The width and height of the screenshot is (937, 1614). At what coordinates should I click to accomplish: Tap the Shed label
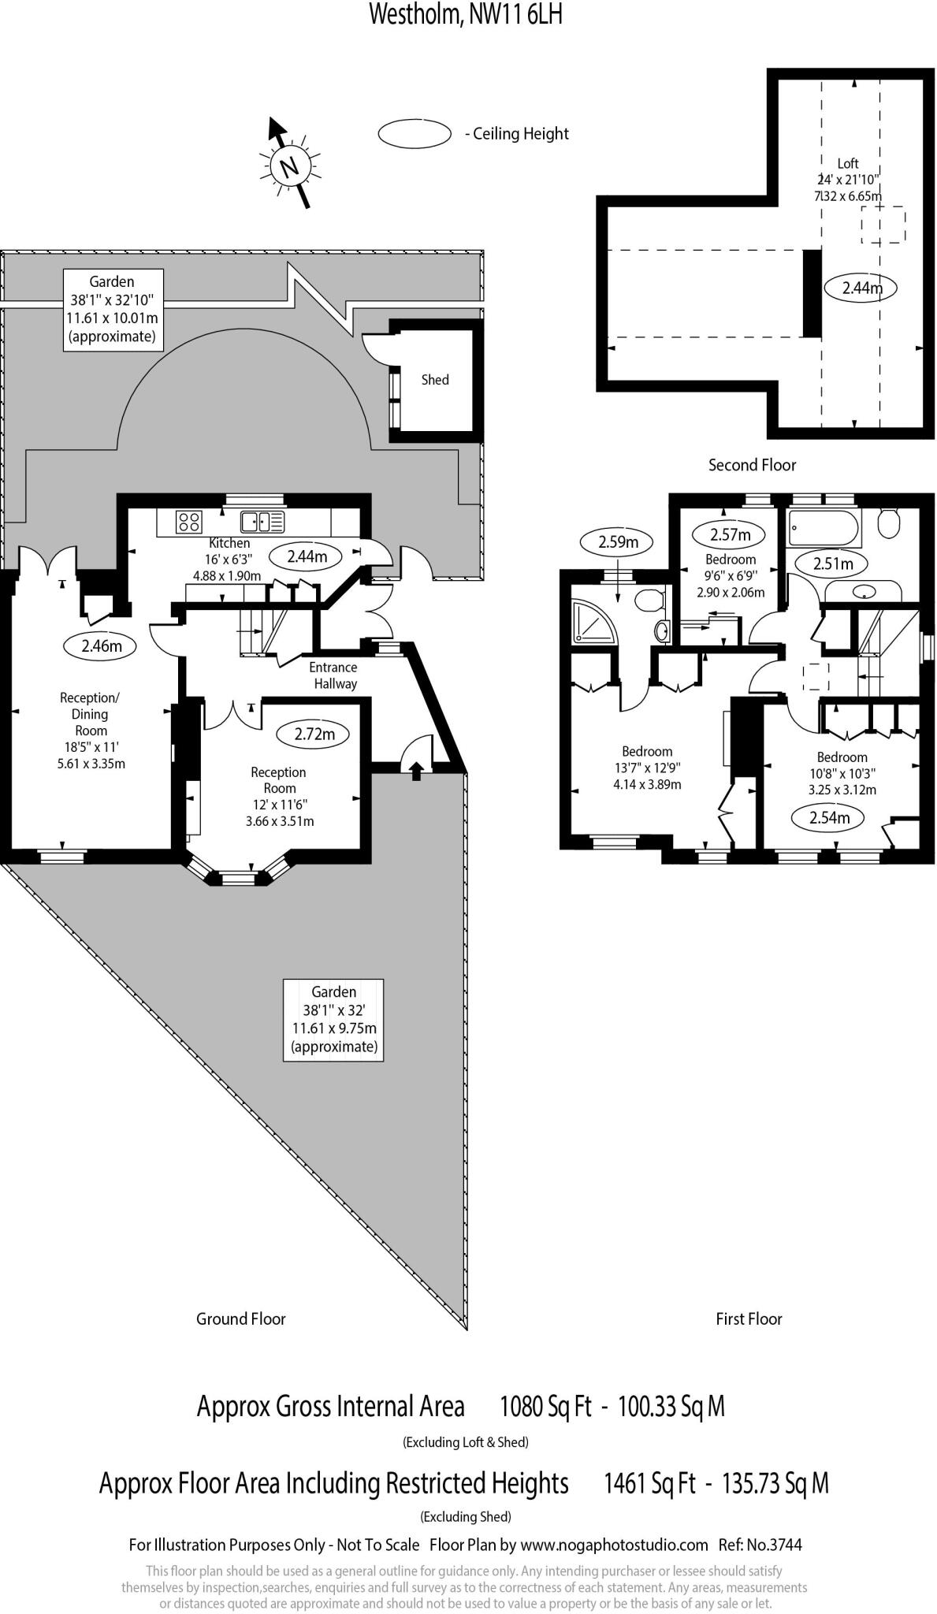pyautogui.click(x=434, y=380)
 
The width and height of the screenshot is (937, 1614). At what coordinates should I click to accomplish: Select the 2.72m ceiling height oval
pyautogui.click(x=314, y=734)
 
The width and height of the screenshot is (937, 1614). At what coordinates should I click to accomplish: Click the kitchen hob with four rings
pyautogui.click(x=189, y=521)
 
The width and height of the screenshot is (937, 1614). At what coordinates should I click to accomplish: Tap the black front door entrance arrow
pyautogui.click(x=417, y=770)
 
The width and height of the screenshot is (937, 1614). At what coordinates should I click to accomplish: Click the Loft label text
pyautogui.click(x=848, y=163)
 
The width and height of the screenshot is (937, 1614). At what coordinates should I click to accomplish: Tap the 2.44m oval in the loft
pyautogui.click(x=862, y=288)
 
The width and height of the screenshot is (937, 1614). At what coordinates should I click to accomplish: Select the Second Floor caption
pyautogui.click(x=752, y=465)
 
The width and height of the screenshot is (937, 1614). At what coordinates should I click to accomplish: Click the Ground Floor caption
pyautogui.click(x=240, y=1318)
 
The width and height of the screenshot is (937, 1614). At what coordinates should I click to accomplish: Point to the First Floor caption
pyautogui.click(x=749, y=1318)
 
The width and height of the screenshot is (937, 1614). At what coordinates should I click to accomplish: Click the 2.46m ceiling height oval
pyautogui.click(x=102, y=646)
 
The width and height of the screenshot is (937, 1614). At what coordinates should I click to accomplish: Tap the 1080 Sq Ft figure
pyautogui.click(x=545, y=1406)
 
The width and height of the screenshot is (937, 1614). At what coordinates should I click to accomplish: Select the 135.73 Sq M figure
pyautogui.click(x=775, y=1483)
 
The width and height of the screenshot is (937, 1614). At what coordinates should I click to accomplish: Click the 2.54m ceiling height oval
pyautogui.click(x=830, y=817)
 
